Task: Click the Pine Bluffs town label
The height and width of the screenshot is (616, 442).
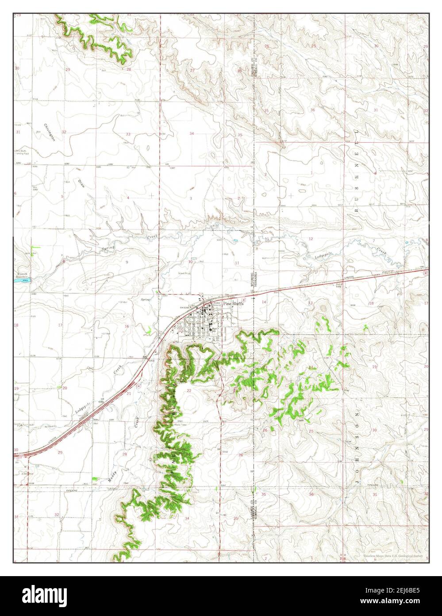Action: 233,303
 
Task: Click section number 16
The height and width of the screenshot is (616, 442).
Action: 127,326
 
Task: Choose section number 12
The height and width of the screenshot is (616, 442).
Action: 311,239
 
